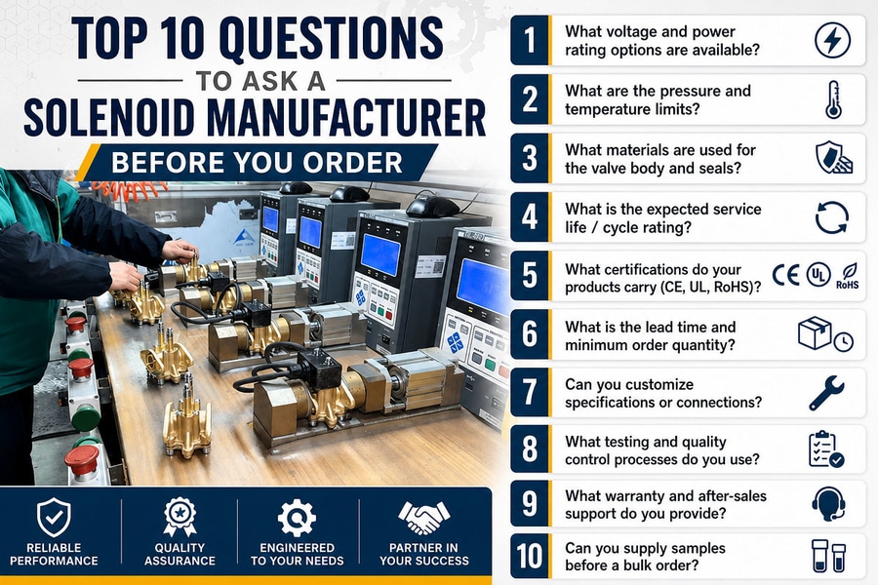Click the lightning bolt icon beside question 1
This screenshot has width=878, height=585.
click(833, 40)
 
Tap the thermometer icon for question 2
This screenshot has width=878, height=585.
click(834, 99)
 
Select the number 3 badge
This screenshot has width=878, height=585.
click(530, 158)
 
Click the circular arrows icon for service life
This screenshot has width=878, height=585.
click(832, 217)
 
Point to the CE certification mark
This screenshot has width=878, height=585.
click(786, 275)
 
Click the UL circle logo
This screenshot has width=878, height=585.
click(818, 275)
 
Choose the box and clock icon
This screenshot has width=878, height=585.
click(825, 334)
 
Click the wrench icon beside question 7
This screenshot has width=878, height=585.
click(826, 393)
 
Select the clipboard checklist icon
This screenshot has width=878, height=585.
click(826, 448)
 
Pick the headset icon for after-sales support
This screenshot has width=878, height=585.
click(828, 504)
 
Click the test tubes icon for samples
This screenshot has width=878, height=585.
click(828, 556)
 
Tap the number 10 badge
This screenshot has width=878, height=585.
click(530, 557)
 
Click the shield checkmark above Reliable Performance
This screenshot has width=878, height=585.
click(54, 518)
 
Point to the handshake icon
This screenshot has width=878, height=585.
click(424, 518)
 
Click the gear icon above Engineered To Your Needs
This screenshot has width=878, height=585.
click(297, 518)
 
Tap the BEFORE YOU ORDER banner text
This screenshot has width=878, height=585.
click(257, 163)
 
